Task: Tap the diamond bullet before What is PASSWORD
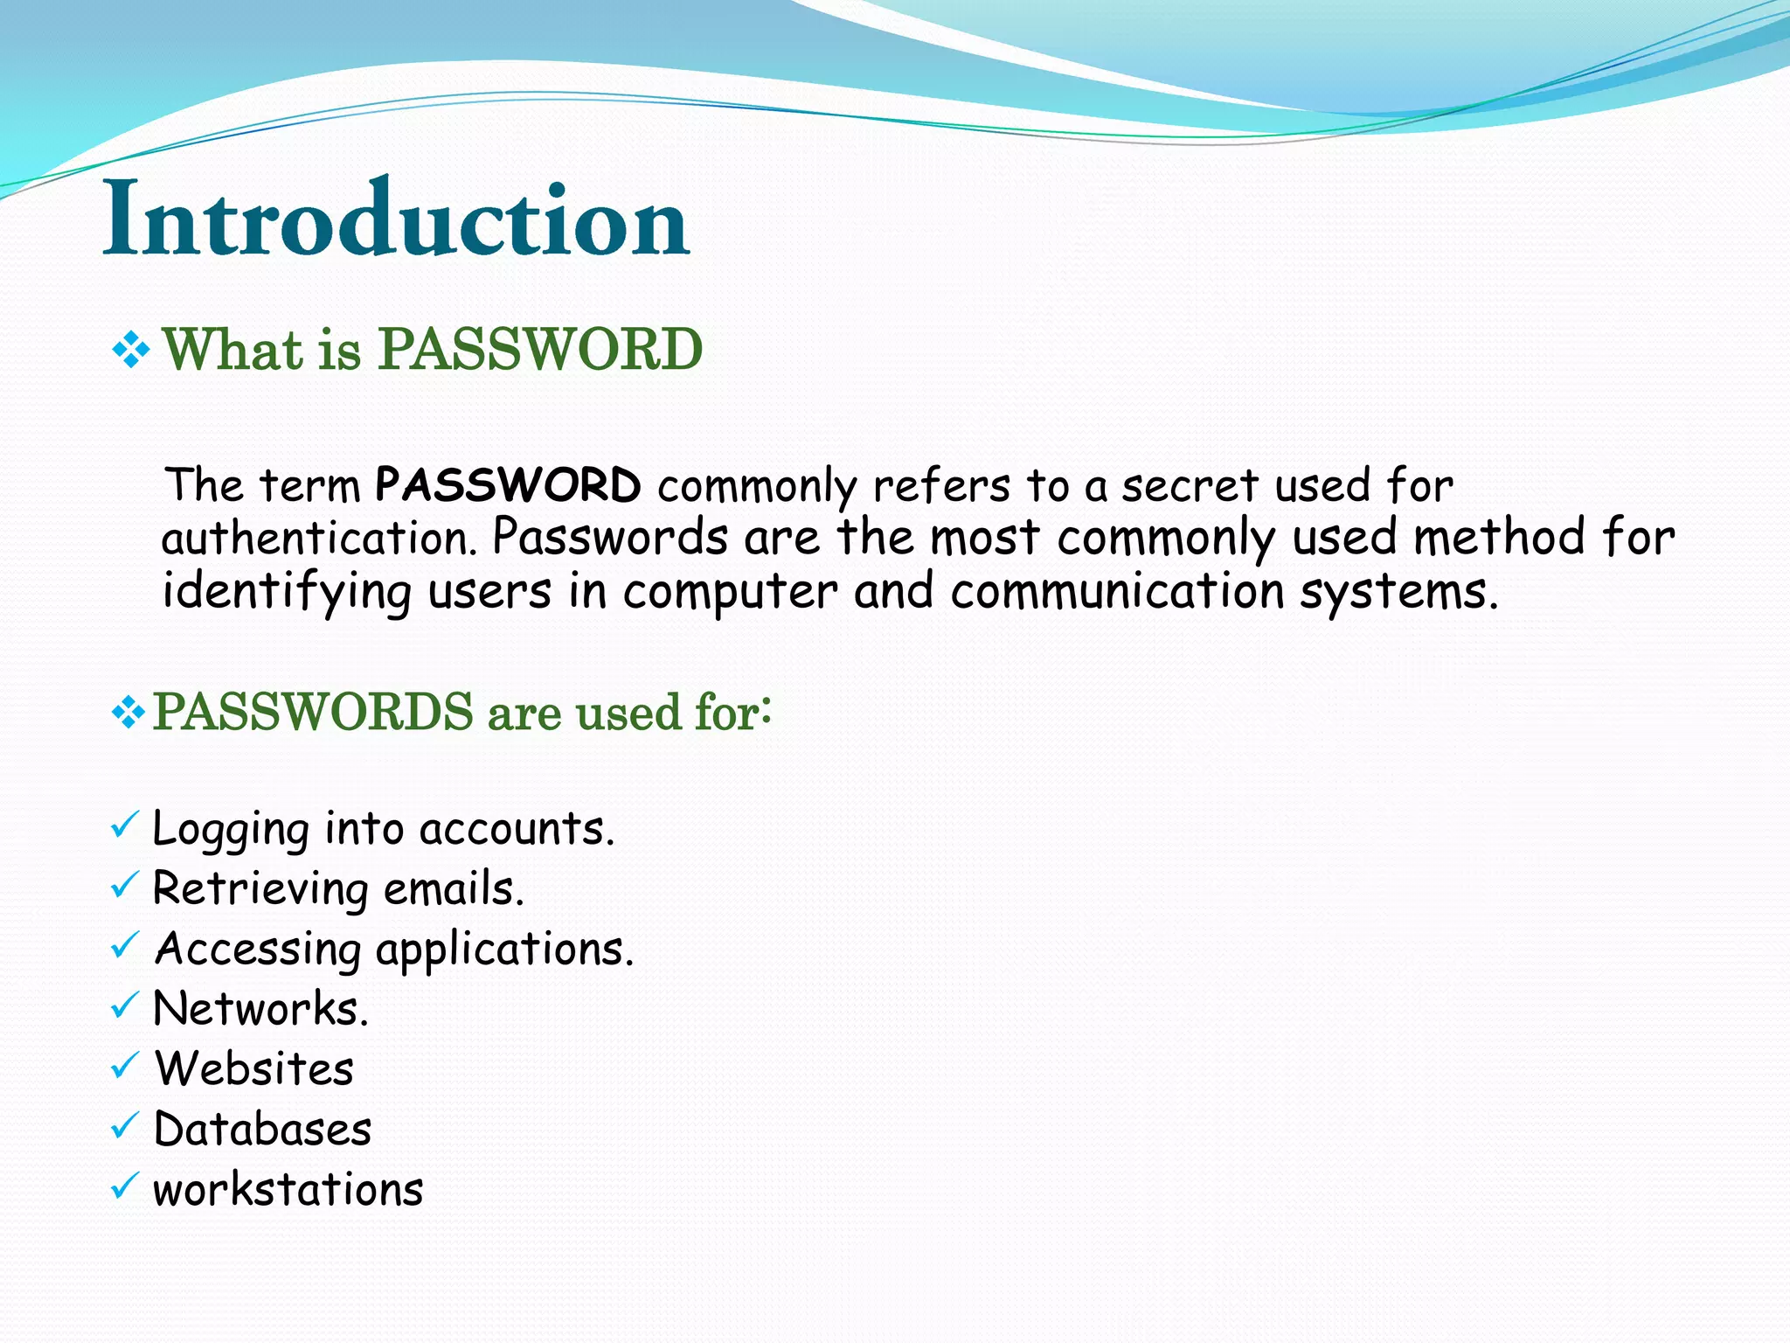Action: pos(131,351)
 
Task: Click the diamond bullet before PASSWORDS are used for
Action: pos(128,713)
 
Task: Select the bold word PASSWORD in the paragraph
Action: pos(508,485)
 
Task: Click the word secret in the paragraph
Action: pos(1190,485)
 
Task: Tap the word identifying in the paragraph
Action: pos(287,592)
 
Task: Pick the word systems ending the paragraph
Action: pos(1398,592)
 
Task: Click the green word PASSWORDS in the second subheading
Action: pos(313,712)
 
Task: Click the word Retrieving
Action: pos(260,889)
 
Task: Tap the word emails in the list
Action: pos(454,889)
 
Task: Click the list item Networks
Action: pos(260,1009)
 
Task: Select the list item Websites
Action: pos(254,1069)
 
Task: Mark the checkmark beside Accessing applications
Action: pos(125,945)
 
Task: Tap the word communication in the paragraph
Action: pos(1116,592)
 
